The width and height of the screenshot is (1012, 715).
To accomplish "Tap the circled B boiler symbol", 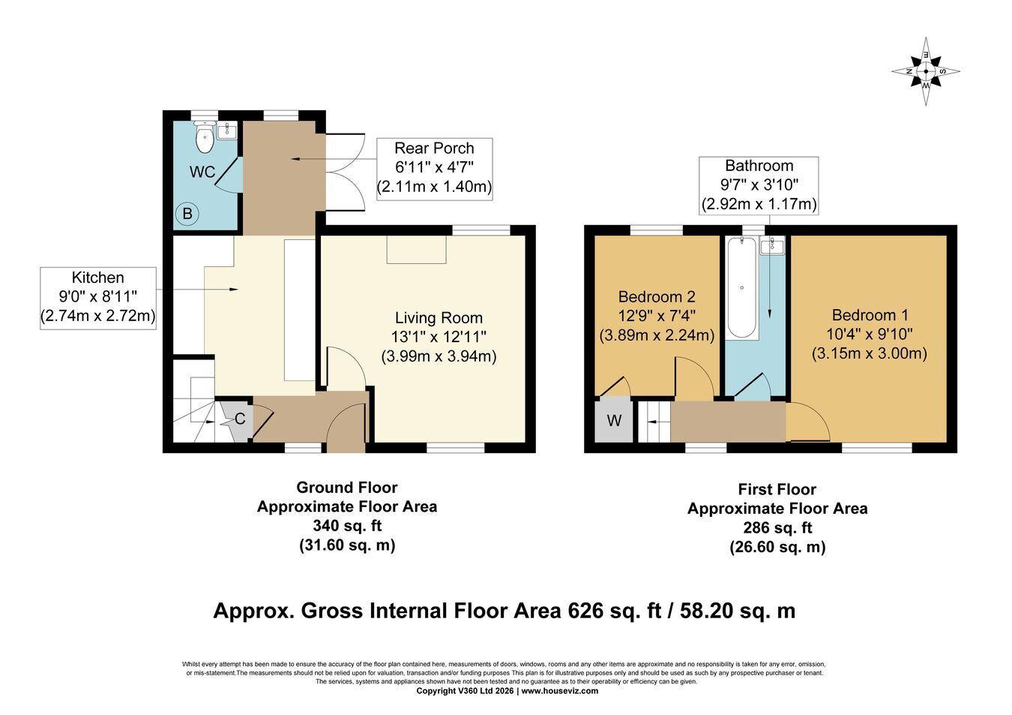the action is click(187, 214).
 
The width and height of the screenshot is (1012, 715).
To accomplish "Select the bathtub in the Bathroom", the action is click(741, 287).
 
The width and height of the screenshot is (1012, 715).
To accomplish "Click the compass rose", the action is click(926, 71).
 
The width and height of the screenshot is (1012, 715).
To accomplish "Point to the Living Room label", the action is click(439, 318).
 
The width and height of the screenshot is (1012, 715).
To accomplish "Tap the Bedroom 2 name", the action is click(657, 296).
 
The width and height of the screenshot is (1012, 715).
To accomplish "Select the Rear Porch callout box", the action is click(434, 169).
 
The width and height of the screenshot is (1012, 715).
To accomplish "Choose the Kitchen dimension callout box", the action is click(98, 298).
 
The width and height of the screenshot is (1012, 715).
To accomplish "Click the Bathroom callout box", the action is click(759, 185).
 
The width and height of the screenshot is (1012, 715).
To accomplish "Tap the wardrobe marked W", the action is click(613, 420).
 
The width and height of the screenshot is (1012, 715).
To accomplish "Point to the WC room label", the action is click(202, 173).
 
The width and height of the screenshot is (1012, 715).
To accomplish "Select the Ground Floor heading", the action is click(347, 488).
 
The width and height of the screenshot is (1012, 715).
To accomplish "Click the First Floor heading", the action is click(777, 489).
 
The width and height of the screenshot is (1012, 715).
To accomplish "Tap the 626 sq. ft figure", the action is click(615, 611).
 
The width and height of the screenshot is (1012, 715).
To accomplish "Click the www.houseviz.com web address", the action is click(560, 691).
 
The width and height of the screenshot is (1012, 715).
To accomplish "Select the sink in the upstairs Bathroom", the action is click(772, 246).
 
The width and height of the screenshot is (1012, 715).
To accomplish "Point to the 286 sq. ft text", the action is click(777, 527).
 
